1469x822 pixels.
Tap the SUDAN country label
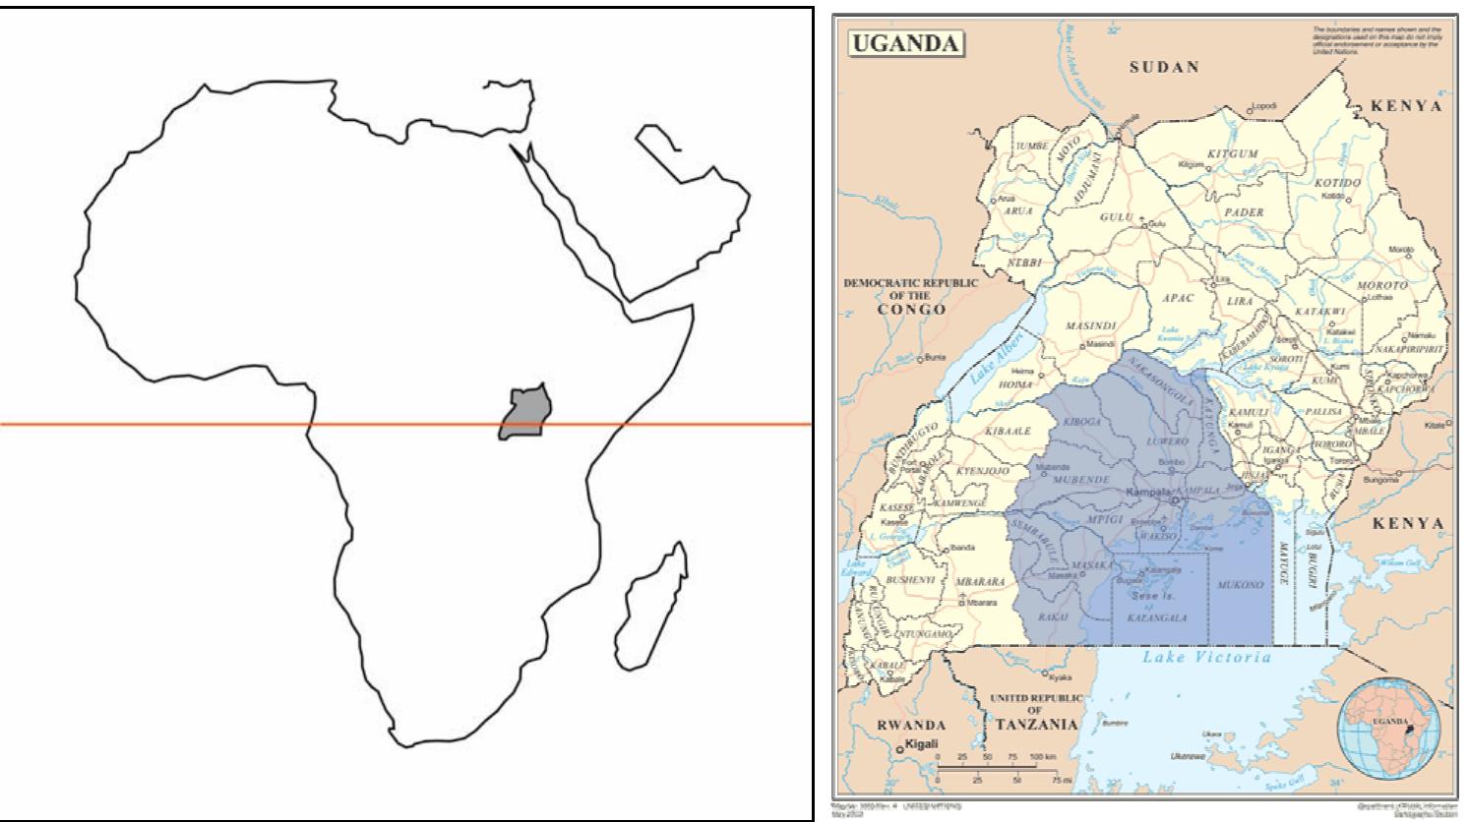coord(1164,68)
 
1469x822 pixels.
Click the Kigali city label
coord(921,746)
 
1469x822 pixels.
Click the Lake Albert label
coord(996,357)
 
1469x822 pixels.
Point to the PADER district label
coord(1244,212)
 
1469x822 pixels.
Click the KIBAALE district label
coord(1007,432)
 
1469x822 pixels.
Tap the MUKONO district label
coord(1240,585)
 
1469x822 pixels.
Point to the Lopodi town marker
coord(1250,111)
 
